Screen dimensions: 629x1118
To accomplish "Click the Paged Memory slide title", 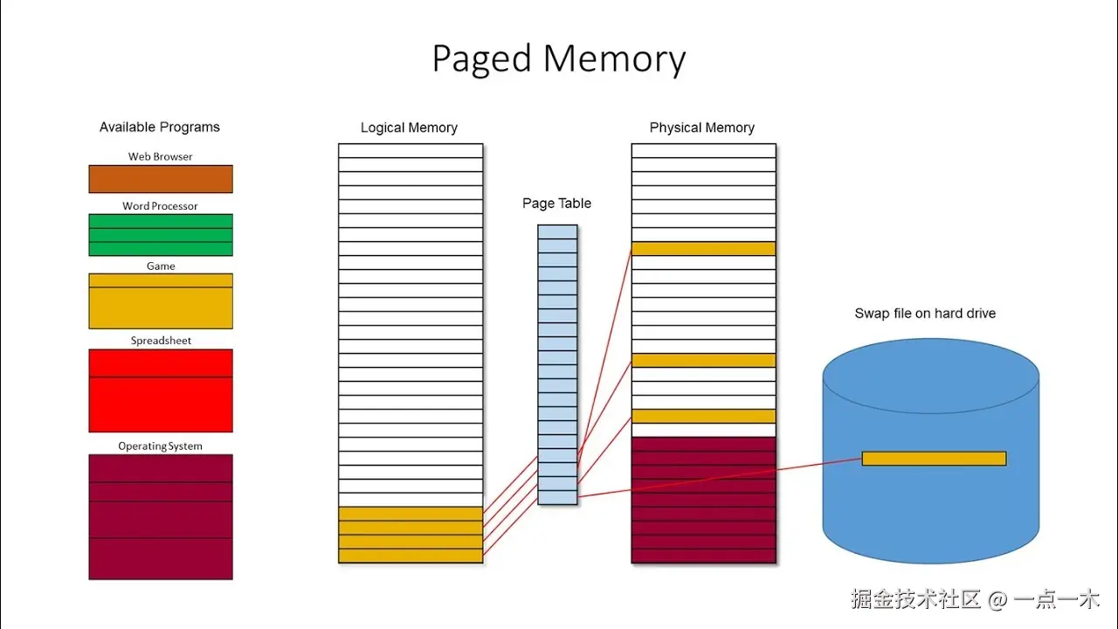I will [x=559, y=59].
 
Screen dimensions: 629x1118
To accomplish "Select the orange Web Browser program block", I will [x=161, y=179].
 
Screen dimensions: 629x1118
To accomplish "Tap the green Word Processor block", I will [x=161, y=235].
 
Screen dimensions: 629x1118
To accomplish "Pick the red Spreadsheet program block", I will [x=161, y=391].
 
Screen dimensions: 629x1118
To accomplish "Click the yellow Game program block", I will [x=161, y=301].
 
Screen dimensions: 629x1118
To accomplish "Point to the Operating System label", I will [x=161, y=446].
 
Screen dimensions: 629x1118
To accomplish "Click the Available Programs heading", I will [x=160, y=128].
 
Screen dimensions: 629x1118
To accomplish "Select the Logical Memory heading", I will [x=409, y=128].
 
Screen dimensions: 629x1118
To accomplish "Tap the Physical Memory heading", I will [x=702, y=128].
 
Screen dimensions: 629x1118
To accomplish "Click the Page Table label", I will [x=557, y=204].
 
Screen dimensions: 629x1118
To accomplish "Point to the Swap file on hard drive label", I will [x=925, y=314].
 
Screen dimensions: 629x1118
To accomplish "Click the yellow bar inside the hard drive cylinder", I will [x=934, y=459].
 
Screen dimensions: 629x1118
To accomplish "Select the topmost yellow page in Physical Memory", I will [x=703, y=249].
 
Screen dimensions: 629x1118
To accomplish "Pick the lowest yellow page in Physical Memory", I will [x=703, y=417].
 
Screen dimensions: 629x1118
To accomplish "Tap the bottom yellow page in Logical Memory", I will [x=411, y=556].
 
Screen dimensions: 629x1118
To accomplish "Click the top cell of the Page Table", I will [x=557, y=232].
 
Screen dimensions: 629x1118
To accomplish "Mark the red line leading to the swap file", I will [x=716, y=478].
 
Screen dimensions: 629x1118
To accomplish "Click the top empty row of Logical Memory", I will [x=411, y=151].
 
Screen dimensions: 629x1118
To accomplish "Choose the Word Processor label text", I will [x=161, y=206].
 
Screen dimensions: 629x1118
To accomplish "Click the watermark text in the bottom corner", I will [x=976, y=599].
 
